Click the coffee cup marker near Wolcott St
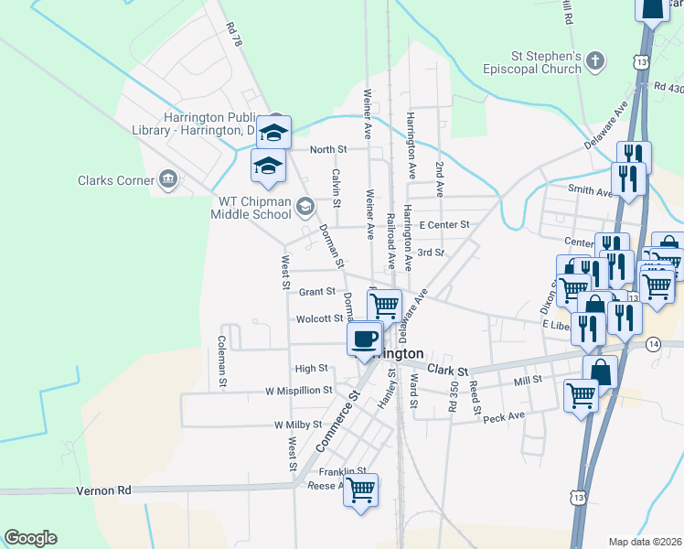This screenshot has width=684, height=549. tap(365, 339)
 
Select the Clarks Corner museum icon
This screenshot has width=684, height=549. tap(167, 179)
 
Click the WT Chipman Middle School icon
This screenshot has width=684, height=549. tap(305, 207)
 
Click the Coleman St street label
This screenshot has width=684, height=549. tap(221, 358)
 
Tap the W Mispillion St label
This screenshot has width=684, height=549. tap(298, 391)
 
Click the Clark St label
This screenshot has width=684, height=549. tap(447, 371)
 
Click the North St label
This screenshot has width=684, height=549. tap(328, 149)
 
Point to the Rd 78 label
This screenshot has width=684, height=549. tap(235, 34)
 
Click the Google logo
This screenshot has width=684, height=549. tap(30, 538)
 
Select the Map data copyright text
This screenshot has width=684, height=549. tap(645, 542)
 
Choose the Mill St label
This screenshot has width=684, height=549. tap(529, 379)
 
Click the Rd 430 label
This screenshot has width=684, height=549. tap(668, 87)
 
